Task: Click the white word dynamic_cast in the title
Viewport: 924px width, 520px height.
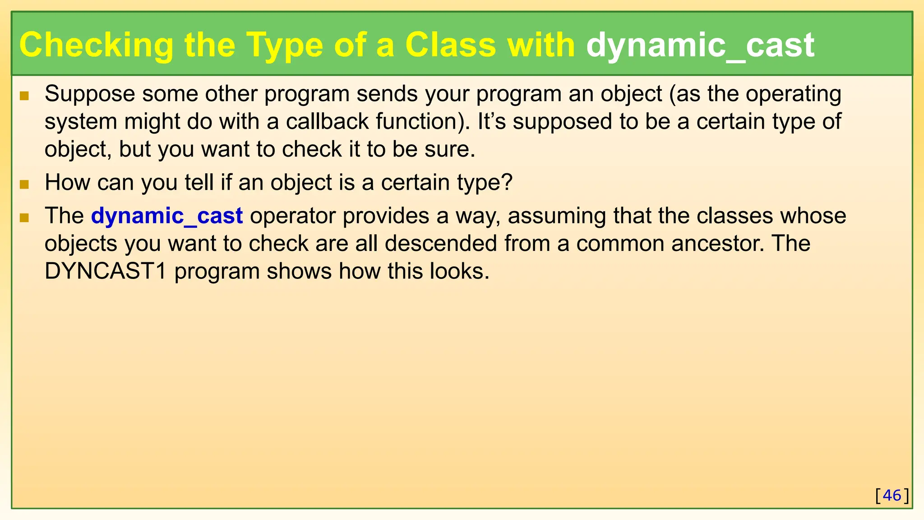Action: pyautogui.click(x=700, y=45)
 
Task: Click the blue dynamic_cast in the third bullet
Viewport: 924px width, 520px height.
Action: pyautogui.click(x=167, y=216)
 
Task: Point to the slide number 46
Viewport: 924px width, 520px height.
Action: pyautogui.click(x=892, y=495)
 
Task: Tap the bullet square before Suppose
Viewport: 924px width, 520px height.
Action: pyautogui.click(x=24, y=96)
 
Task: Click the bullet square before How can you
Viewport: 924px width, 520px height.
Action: pyautogui.click(x=24, y=184)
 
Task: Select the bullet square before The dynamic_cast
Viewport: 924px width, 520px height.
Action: pyautogui.click(x=24, y=218)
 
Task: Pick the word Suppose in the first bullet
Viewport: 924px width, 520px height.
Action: pyautogui.click(x=90, y=94)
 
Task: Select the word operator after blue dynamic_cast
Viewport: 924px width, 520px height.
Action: pyautogui.click(x=293, y=216)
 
